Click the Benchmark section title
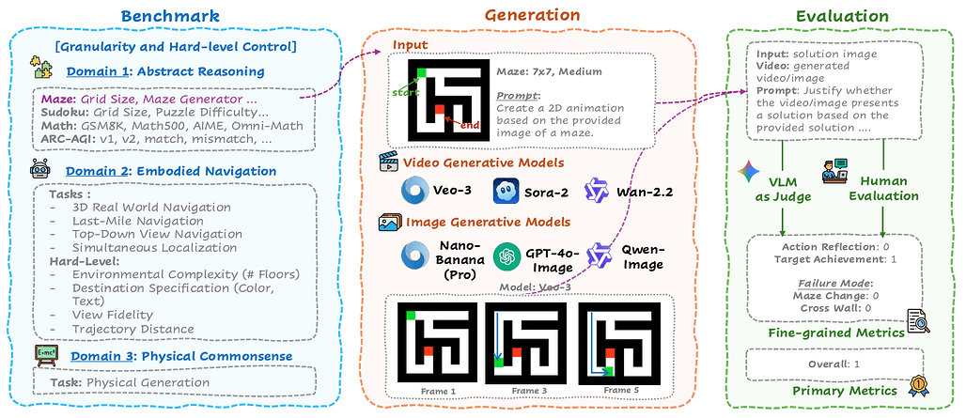tap(170, 15)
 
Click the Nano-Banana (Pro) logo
tap(413, 255)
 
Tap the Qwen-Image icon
tap(599, 255)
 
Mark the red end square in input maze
tap(439, 112)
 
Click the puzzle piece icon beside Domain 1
tap(42, 69)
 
